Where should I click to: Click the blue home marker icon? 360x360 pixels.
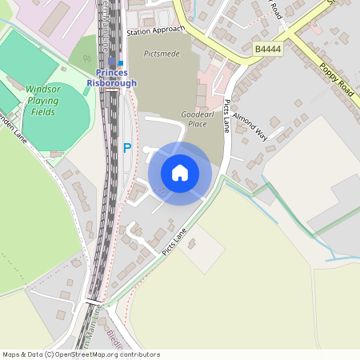[x=180, y=172]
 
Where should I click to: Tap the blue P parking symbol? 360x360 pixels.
[x=126, y=147]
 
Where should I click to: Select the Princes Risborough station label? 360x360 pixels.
[x=111, y=78]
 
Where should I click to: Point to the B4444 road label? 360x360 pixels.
[x=267, y=49]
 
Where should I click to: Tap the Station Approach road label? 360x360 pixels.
[x=155, y=31]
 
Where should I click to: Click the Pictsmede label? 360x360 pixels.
[x=162, y=53]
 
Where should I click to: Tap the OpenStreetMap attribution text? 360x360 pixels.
[x=81, y=354]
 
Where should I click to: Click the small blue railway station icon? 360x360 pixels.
[x=121, y=62]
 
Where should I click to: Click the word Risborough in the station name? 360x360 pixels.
[x=111, y=82]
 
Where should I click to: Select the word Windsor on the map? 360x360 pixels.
[x=42, y=90]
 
